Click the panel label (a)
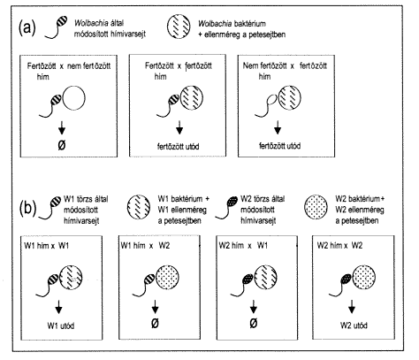pyautogui.click(x=27, y=27)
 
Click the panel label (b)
pyautogui.click(x=27, y=208)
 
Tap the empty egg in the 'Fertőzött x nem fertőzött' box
pyautogui.click(x=74, y=98)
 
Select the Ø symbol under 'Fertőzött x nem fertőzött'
pyautogui.click(x=62, y=145)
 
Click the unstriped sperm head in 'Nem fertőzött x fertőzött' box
pyautogui.click(x=271, y=101)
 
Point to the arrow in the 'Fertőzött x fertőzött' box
pyautogui.click(x=179, y=128)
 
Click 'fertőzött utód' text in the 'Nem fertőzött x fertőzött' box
pyautogui.click(x=279, y=146)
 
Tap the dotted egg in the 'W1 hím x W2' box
pyautogui.click(x=167, y=278)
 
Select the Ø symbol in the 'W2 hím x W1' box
pyautogui.click(x=253, y=323)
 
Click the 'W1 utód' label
pyautogui.click(x=61, y=326)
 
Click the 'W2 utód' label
pyautogui.click(x=354, y=326)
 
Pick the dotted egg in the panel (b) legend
pyautogui.click(x=316, y=207)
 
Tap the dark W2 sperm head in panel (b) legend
pyautogui.click(x=232, y=202)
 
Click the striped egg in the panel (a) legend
pyautogui.click(x=179, y=27)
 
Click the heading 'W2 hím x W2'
pyautogui.click(x=339, y=246)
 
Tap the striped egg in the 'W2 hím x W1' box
pyautogui.click(x=265, y=278)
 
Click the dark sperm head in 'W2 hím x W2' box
pyautogui.click(x=346, y=279)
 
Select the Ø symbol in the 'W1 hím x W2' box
pyautogui.click(x=155, y=323)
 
